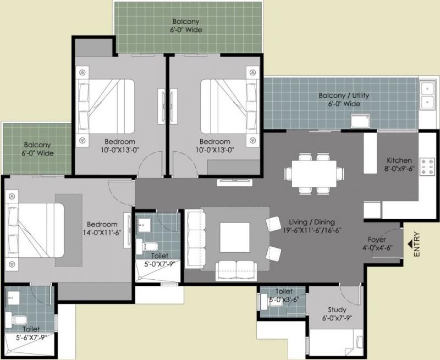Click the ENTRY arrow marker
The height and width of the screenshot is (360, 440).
coord(410,244)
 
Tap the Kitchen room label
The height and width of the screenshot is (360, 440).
coord(399,160)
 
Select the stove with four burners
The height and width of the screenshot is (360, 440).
coord(427,167)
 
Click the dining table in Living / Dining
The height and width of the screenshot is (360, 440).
coord(314,174)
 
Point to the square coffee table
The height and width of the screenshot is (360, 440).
coord(235,237)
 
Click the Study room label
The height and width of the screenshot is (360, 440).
coord(337,310)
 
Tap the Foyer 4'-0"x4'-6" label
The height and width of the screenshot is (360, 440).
coord(377,243)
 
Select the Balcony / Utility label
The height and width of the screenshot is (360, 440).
coord(344,96)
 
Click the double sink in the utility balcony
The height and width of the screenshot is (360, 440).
coord(427,95)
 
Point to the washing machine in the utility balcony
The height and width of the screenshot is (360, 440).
coord(360,121)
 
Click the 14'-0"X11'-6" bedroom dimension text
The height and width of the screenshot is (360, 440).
coord(102,232)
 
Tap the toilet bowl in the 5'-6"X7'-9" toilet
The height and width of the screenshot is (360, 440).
coord(17,320)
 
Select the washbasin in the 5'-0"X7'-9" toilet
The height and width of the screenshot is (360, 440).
coord(144,224)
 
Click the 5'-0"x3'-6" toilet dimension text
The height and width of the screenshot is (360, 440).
coord(284,300)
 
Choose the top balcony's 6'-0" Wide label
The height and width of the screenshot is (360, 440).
coord(186,30)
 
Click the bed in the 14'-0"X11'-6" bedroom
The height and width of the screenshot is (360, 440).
coord(35,230)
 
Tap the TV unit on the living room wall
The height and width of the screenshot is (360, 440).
coord(234,182)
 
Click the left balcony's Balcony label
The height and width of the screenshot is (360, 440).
coord(37,145)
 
